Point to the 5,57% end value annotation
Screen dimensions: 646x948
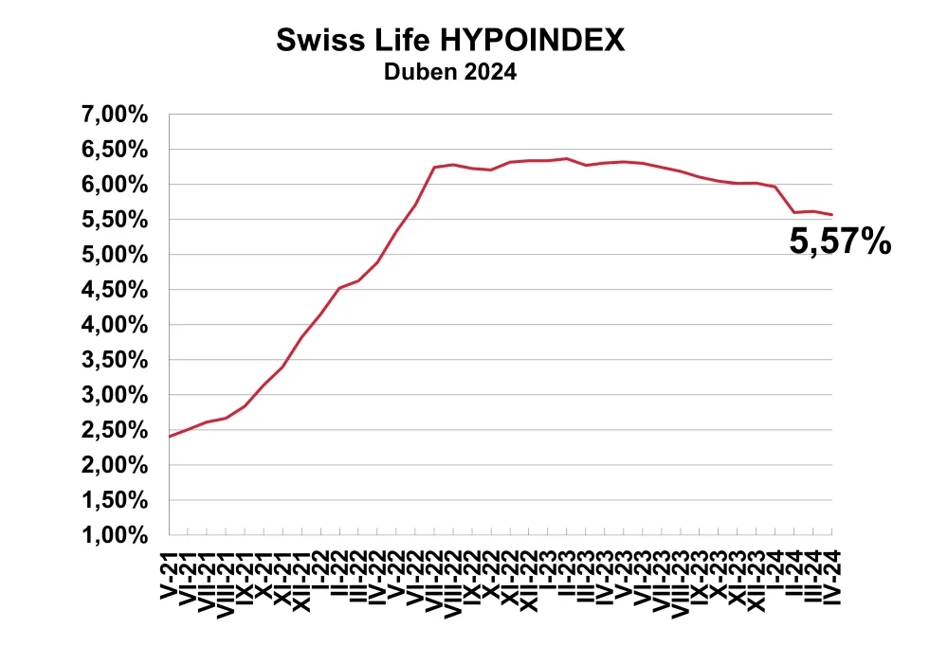(840, 242)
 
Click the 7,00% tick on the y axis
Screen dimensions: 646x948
(114, 115)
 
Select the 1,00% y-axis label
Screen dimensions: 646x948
(114, 535)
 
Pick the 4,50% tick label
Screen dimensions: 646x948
(114, 290)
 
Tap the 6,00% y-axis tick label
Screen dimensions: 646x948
(114, 185)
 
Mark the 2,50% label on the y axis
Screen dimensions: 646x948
(114, 430)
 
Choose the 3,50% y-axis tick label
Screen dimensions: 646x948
(114, 360)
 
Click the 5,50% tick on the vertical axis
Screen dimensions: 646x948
(114, 220)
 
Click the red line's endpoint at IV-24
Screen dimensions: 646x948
(832, 215)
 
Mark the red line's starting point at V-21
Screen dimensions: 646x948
(171, 436)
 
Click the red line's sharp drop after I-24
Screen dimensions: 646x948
(785, 200)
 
